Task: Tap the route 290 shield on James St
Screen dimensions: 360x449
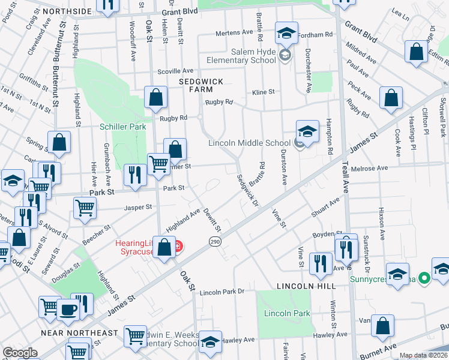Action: (x=215, y=241)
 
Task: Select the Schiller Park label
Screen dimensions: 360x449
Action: (x=122, y=127)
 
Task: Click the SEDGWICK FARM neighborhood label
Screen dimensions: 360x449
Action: (x=196, y=85)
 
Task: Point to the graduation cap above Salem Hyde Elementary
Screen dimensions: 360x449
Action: (x=286, y=33)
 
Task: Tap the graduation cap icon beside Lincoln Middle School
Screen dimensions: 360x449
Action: (x=307, y=132)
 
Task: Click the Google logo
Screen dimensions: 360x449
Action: (x=20, y=353)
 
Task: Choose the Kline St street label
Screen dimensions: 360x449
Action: (x=263, y=92)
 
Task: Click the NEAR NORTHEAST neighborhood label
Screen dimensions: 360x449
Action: (x=79, y=333)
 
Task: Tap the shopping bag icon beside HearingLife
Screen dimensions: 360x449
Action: (x=164, y=247)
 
